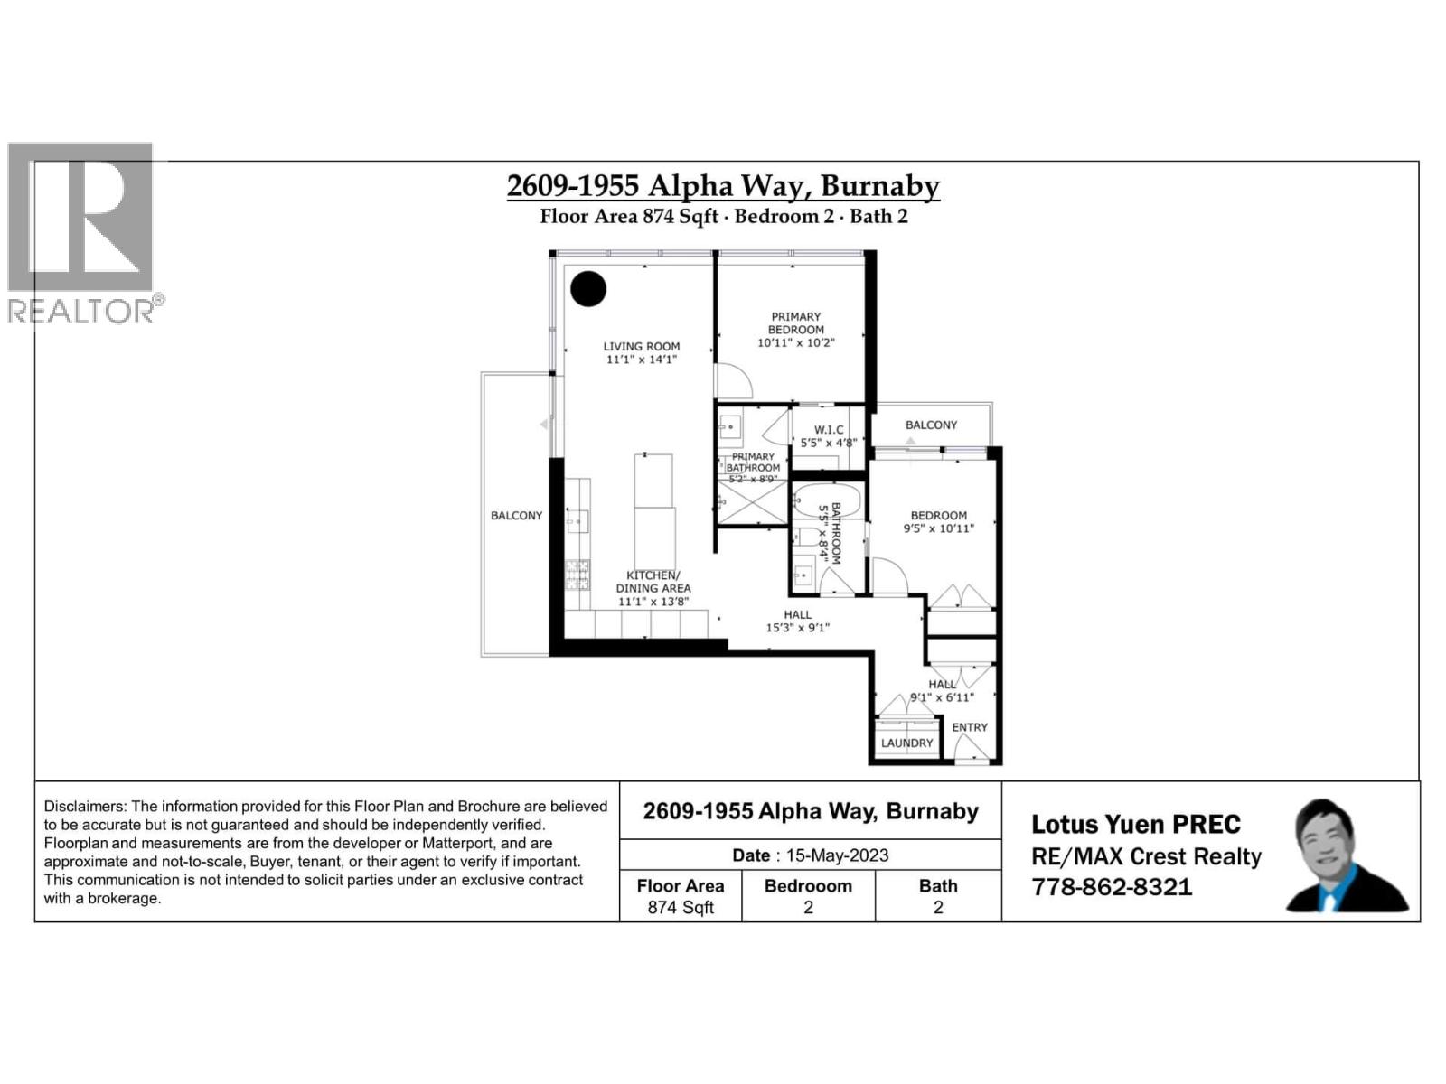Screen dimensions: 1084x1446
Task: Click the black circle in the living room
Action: (588, 289)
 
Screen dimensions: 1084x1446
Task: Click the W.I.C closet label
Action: (829, 430)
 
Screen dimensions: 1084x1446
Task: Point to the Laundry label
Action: (906, 743)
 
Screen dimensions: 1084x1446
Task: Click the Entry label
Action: (970, 727)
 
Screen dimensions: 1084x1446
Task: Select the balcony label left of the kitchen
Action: (516, 516)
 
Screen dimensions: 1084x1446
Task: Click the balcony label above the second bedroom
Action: (931, 425)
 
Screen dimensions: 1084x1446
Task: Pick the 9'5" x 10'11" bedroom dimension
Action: (939, 528)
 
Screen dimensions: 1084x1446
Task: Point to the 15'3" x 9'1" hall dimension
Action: (798, 628)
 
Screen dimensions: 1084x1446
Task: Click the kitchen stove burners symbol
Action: (577, 575)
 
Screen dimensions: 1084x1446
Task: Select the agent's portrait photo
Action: (1344, 855)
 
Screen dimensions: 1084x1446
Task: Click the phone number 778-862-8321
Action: (1112, 887)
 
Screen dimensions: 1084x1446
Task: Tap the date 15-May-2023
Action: (837, 855)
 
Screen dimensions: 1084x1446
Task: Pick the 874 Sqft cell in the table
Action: (681, 907)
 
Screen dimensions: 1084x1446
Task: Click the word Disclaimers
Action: (84, 807)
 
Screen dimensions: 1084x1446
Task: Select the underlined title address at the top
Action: (723, 186)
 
